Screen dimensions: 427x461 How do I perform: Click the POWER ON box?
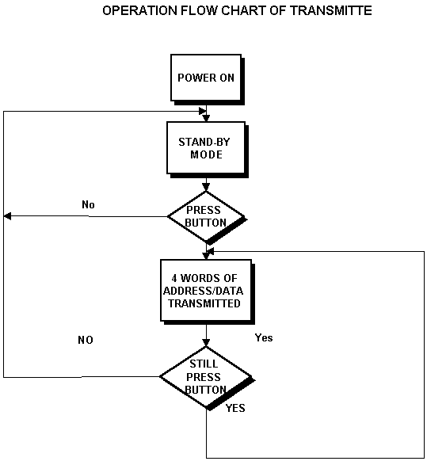click(x=206, y=78)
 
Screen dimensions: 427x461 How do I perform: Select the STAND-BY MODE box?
click(x=206, y=148)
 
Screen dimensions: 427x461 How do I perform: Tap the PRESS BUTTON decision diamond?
click(x=206, y=217)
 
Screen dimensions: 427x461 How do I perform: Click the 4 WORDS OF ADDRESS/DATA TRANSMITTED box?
click(x=206, y=290)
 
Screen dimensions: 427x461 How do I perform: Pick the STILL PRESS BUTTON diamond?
click(x=206, y=377)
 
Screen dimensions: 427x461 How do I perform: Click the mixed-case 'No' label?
click(x=88, y=204)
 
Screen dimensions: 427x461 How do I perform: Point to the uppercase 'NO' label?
click(x=86, y=340)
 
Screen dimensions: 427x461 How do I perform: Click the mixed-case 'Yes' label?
click(x=264, y=337)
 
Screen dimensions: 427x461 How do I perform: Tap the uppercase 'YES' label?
click(x=235, y=408)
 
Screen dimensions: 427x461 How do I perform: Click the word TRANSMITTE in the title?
click(x=331, y=10)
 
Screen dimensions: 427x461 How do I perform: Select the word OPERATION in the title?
click(x=140, y=10)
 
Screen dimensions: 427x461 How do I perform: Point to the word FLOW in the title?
click(x=199, y=10)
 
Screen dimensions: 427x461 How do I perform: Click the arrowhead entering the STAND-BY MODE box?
click(x=206, y=118)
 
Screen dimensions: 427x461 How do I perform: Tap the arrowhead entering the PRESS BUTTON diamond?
click(x=206, y=187)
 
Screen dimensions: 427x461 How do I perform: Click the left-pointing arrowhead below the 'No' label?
click(x=7, y=216)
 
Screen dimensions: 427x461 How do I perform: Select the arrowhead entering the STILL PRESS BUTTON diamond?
click(x=206, y=342)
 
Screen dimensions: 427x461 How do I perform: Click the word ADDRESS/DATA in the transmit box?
click(x=204, y=291)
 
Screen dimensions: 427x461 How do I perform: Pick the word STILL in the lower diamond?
click(x=204, y=364)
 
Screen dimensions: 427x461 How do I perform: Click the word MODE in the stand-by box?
click(x=206, y=154)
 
